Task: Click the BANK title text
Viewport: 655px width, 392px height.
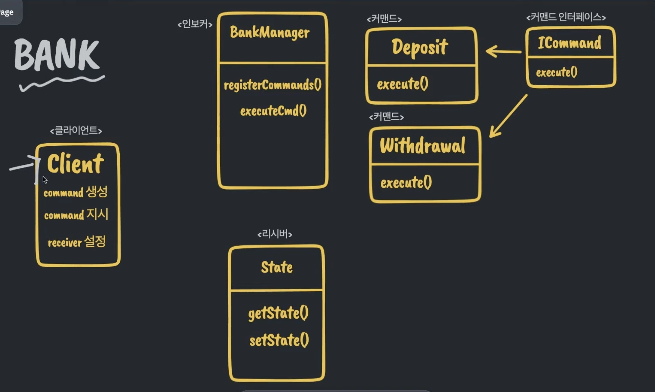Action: [x=57, y=55]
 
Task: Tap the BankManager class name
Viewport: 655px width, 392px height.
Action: [x=270, y=33]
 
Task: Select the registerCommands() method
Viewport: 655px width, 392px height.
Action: [x=273, y=85]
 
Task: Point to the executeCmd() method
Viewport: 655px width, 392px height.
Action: [x=273, y=111]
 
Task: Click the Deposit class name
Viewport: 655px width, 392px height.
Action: [x=420, y=47]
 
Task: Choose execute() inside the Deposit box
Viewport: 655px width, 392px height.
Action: [x=403, y=84]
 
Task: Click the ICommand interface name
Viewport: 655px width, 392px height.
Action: [x=569, y=43]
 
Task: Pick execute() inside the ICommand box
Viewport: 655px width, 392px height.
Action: [x=556, y=72]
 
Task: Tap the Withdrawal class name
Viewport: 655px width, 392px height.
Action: [x=422, y=146]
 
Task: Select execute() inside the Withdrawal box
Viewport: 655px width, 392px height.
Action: [x=406, y=183]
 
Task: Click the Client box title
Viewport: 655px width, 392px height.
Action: [x=75, y=164]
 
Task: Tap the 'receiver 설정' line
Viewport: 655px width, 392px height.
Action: [x=77, y=242]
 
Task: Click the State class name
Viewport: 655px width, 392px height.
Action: [x=277, y=267]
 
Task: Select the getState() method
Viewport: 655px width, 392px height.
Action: [x=278, y=313]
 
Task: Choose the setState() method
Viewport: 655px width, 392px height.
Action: [x=279, y=340]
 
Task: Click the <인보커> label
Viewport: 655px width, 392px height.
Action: [x=195, y=24]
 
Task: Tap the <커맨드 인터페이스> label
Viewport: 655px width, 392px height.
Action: [x=566, y=17]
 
